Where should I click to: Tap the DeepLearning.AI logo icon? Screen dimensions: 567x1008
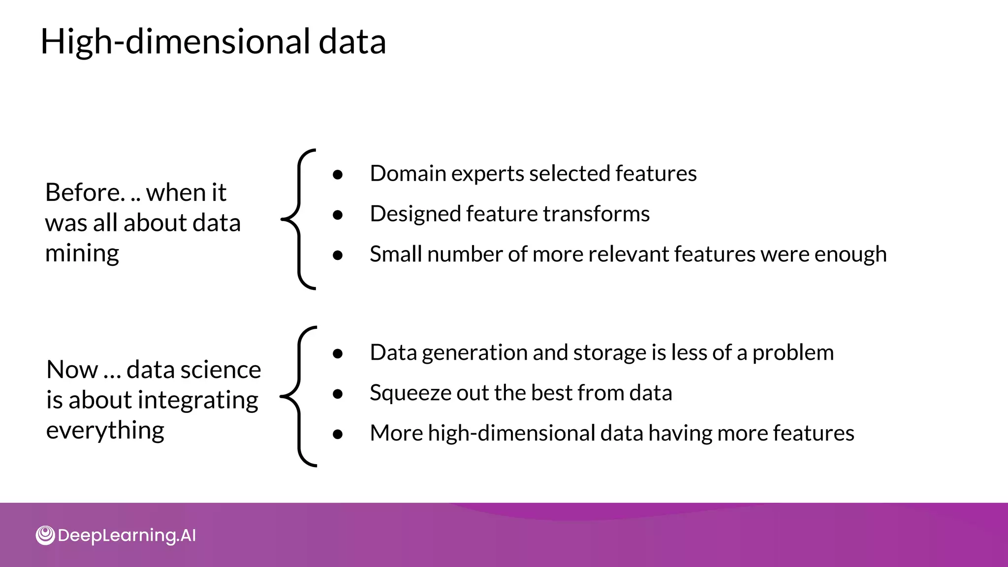(45, 535)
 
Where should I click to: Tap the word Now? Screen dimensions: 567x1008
(72, 370)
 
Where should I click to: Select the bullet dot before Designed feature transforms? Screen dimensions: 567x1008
(338, 215)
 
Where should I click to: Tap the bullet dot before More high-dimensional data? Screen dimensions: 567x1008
(338, 434)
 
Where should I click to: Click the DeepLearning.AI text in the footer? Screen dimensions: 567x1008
(126, 535)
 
